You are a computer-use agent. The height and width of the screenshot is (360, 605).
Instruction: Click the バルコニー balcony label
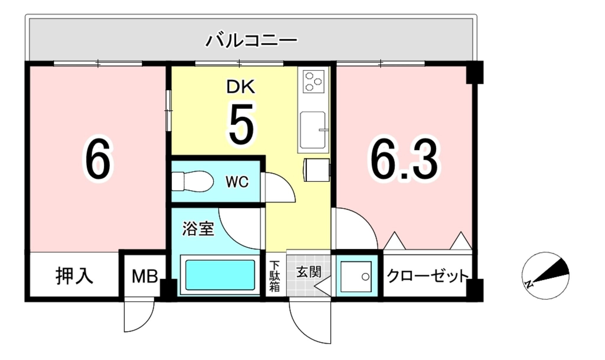coord(251,41)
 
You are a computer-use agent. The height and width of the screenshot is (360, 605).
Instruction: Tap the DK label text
coord(240,87)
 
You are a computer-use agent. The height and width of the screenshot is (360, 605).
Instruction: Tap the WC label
coord(237,182)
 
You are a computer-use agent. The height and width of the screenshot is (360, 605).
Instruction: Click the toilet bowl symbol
coord(193,181)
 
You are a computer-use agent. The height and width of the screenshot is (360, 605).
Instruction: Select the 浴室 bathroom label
coord(198,228)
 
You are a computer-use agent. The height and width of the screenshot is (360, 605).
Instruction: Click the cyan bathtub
coord(220,275)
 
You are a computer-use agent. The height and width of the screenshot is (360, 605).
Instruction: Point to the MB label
coord(144,277)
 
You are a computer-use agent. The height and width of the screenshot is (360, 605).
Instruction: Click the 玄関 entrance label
coord(309,272)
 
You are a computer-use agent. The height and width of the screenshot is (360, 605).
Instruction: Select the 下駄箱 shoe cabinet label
coord(274,276)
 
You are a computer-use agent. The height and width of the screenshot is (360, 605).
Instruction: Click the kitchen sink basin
coord(313,130)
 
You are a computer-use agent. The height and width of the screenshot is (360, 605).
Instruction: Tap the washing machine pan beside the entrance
coord(356,277)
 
